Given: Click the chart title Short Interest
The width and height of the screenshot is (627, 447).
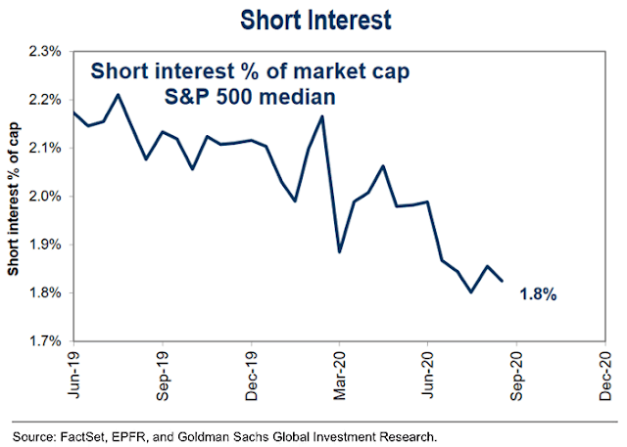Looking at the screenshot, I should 313,19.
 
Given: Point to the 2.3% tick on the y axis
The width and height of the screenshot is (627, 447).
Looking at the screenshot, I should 47,51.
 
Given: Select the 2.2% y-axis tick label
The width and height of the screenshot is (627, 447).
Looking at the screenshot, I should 47,100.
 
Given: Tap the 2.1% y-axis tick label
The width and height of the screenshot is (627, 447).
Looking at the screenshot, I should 47,148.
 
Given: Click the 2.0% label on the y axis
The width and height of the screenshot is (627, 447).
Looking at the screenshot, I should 47,197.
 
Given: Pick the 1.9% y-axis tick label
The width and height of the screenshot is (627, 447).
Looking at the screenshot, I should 47,245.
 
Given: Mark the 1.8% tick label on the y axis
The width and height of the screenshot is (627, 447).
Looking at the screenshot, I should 47,293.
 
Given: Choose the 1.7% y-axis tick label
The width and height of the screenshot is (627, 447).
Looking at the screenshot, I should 47,341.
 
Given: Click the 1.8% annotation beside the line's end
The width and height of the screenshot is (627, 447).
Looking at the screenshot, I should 538,293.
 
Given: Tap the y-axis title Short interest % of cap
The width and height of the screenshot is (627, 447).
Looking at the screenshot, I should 14,196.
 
